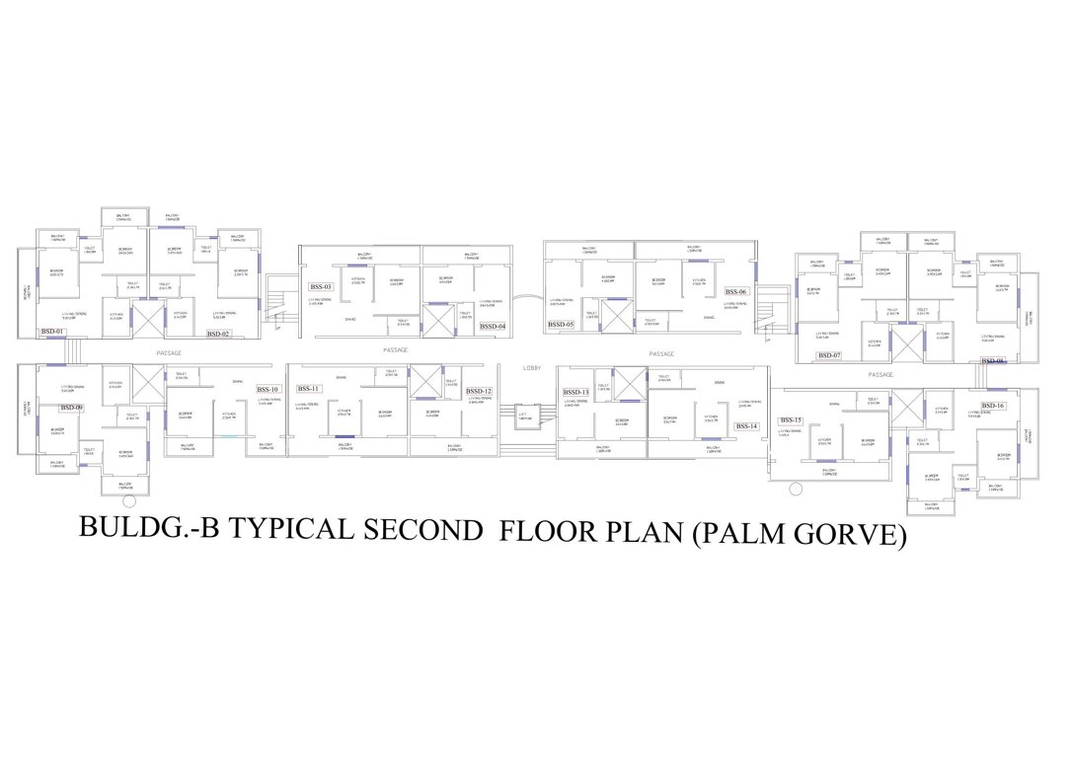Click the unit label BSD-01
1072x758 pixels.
(52, 332)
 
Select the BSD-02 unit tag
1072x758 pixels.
(218, 335)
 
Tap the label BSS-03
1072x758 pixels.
(321, 287)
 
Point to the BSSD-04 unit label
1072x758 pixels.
(492, 327)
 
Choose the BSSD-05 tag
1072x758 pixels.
(561, 324)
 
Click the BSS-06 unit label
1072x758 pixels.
(736, 292)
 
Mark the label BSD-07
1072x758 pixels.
(829, 355)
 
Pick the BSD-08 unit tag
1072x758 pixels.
(992, 361)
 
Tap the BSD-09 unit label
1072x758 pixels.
(72, 408)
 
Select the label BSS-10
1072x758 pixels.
(268, 389)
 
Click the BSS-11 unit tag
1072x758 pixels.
(309, 389)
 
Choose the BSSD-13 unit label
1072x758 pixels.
(575, 392)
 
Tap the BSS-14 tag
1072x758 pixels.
(746, 426)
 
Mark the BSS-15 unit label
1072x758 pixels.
(792, 420)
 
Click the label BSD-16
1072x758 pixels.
(993, 406)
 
